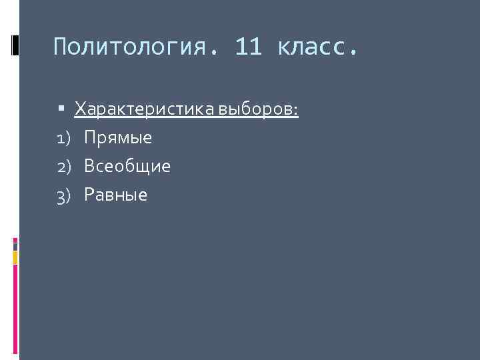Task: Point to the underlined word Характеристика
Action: coord(143,108)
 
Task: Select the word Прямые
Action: coord(118,138)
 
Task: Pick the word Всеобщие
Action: coord(127,167)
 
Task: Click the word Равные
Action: coord(116,195)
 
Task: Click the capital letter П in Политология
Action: coord(61,48)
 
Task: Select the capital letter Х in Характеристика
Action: coord(80,108)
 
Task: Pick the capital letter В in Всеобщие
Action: coord(89,167)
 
